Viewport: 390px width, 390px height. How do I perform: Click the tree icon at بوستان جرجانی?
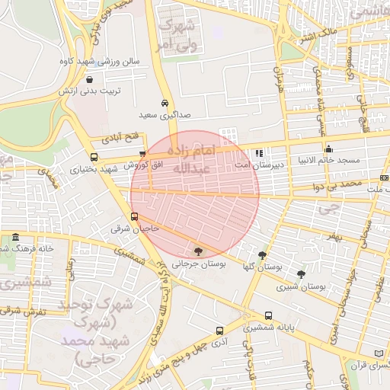pos(199,251)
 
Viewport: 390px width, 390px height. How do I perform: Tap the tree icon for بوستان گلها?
pos(263,255)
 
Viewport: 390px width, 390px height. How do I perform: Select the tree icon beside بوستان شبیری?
pos(301,274)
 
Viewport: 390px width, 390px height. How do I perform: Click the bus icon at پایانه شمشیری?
pos(268,316)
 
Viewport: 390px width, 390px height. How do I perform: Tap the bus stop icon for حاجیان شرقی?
pos(135,216)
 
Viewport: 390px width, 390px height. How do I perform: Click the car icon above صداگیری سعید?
pos(165,103)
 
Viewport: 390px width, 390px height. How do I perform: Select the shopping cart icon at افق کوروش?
pos(142,154)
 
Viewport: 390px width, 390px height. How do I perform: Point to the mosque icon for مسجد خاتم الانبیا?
pos(329,149)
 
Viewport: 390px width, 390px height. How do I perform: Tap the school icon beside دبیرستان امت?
pos(259,153)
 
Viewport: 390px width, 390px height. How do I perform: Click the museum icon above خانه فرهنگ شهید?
pos(17,238)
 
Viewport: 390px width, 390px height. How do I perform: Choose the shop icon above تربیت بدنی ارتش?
pos(91,79)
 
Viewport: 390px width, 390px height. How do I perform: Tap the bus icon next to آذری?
pos(219,331)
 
